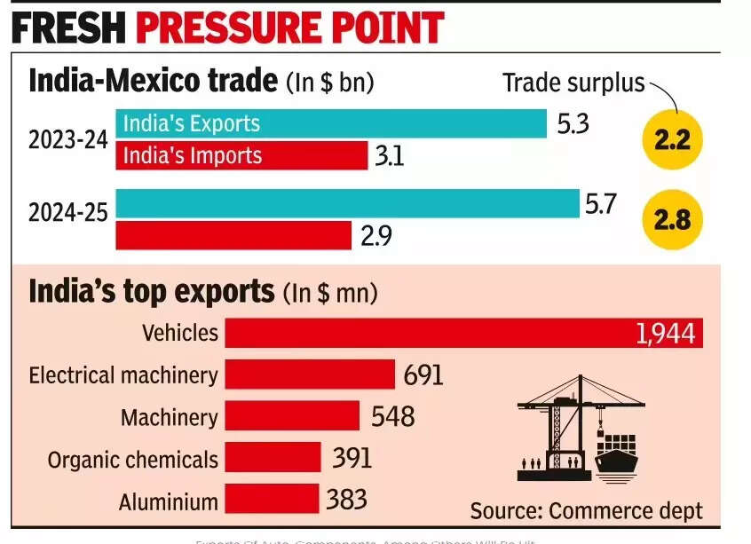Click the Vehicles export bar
463,333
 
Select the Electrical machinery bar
309,374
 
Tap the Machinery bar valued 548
292,416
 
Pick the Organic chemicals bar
273,458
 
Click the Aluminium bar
271,500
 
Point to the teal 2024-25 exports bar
346,203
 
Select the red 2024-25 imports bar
233,235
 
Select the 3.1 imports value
391,156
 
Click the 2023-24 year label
67,140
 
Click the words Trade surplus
572,83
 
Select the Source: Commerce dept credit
586,510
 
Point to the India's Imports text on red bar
193,156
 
